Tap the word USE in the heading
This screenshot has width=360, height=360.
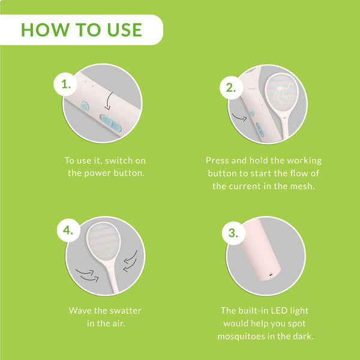point(125,30)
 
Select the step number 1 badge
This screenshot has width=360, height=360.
point(65,84)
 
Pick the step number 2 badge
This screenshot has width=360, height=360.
point(231,88)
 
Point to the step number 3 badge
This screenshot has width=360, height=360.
point(233,233)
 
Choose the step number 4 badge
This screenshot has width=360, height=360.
point(68,230)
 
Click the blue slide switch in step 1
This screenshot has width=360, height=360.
point(110,122)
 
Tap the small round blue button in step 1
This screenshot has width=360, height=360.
point(85,107)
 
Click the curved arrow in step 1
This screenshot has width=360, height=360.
point(109,101)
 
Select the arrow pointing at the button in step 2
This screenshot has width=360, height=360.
point(239,118)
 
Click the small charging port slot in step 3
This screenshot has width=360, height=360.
point(271,274)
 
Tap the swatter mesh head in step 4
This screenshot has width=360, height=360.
point(104,242)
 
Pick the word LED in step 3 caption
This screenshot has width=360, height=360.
point(279,311)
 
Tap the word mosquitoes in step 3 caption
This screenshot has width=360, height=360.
point(241,337)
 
